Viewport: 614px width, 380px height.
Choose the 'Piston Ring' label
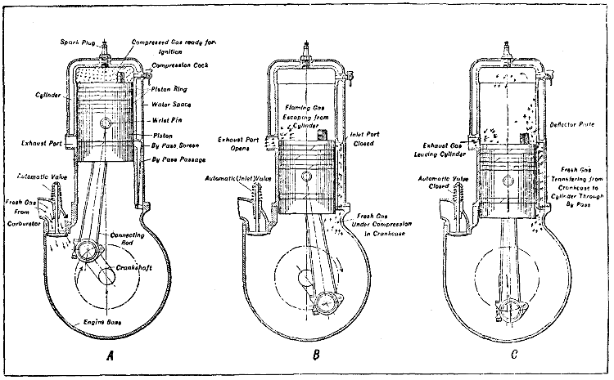coord(172,89)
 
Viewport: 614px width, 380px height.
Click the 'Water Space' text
coord(172,105)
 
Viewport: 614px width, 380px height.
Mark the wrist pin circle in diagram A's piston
coord(107,123)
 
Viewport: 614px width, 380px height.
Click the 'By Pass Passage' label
coord(178,159)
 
